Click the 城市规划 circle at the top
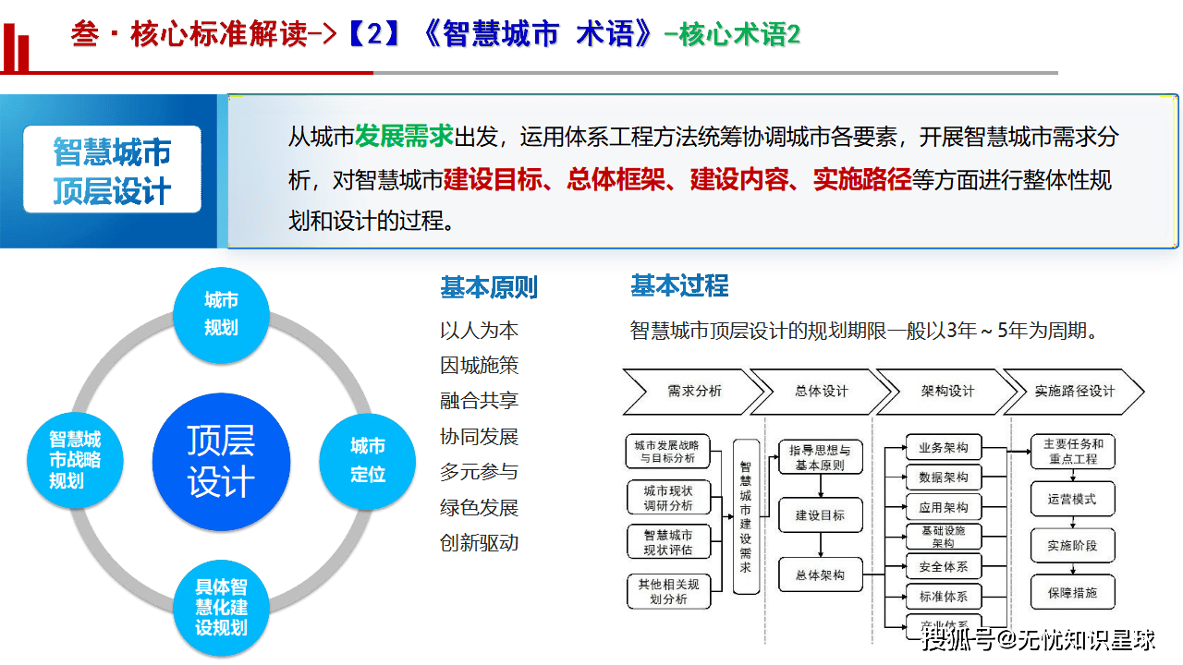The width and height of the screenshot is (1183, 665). pos(221,315)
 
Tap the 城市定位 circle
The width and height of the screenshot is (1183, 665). pos(367,461)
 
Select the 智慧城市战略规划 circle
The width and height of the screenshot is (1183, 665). pos(75,459)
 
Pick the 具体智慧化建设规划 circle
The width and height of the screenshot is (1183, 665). pos(221,607)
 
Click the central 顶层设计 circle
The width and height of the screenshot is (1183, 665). pos(221,461)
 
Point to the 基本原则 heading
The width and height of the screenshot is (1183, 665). pos(488,287)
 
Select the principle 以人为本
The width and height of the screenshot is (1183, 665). pos(479,331)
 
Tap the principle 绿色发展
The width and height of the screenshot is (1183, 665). pos(479,507)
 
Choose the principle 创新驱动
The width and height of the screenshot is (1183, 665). pos(479,542)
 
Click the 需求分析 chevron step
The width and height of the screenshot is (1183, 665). pos(689,391)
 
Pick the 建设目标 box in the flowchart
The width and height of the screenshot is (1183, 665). pos(820,515)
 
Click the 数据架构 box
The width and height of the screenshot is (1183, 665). pos(944,478)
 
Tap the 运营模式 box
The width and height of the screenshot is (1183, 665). pos(1072,499)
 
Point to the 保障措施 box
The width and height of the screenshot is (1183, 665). pos(1072,593)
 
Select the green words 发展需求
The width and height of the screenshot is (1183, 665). pos(404,137)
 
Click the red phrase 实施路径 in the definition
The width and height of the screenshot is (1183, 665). pos(861,179)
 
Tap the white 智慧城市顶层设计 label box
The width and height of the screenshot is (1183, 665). pos(112,171)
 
